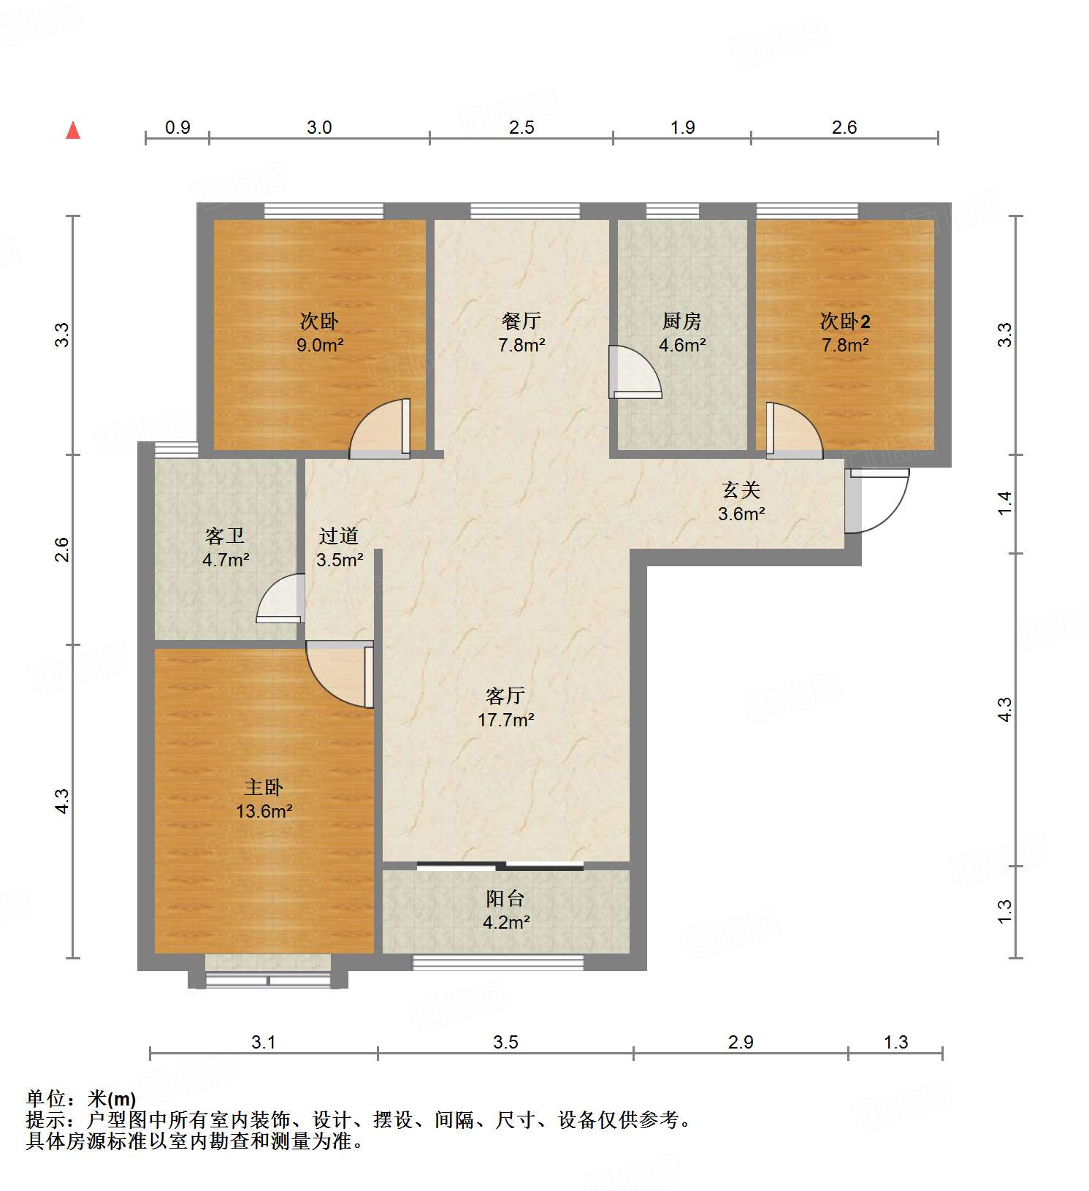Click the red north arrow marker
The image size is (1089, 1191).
point(73,131)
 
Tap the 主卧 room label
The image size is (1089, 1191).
point(263,788)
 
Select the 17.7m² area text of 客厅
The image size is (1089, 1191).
point(505,720)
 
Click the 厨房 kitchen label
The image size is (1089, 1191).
point(681,321)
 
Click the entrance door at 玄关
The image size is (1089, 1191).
point(876,501)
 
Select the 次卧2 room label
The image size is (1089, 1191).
point(845,321)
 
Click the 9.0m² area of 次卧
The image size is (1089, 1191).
point(320,346)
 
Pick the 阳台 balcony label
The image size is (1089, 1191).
point(505,899)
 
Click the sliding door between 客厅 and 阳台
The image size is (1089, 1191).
point(500,867)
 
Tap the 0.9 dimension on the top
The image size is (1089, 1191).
point(177,128)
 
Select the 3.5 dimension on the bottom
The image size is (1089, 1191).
point(505,1043)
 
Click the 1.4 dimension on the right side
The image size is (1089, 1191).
point(1005,503)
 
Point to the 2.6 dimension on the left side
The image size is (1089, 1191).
point(63,549)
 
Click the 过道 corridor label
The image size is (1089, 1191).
point(339,536)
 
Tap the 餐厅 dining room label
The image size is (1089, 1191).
point(521,321)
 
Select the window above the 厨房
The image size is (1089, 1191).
point(672,212)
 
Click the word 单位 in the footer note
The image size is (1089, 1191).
point(46,1098)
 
